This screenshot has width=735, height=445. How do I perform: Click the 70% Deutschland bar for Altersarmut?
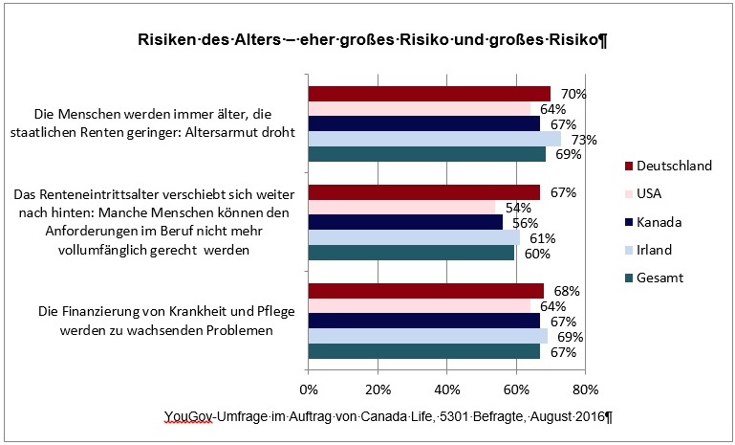pos(429,93)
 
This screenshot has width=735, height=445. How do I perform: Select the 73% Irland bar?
pos(434,139)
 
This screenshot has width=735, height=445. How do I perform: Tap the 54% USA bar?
pos(401,207)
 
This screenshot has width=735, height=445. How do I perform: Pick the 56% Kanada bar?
pos(405,222)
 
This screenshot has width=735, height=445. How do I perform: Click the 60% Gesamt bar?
pos(412,253)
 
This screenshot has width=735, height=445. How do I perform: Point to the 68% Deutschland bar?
pos(425,291)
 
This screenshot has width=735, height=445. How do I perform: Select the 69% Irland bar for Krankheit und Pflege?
pos(427,337)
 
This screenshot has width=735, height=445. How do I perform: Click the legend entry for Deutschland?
pos(668,166)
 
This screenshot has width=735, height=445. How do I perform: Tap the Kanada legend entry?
pos(660,222)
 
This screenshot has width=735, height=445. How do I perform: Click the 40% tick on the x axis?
pos(446,389)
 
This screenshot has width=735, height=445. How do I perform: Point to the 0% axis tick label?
pos(309,389)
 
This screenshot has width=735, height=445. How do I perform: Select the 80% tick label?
pos(585,389)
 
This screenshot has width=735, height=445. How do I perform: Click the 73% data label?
pos(584,140)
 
